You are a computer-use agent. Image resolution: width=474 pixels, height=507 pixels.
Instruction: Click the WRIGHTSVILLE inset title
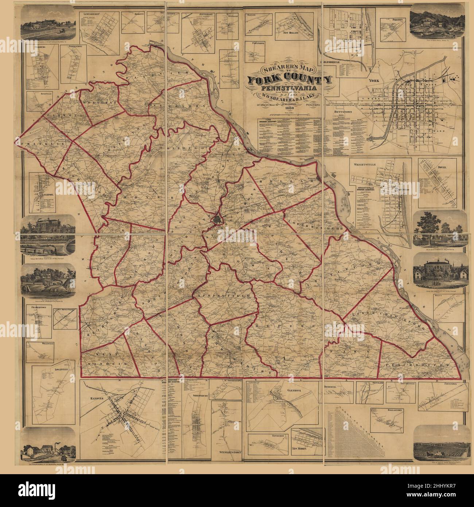365,165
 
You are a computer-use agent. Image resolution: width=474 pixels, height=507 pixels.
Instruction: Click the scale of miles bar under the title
288,117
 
